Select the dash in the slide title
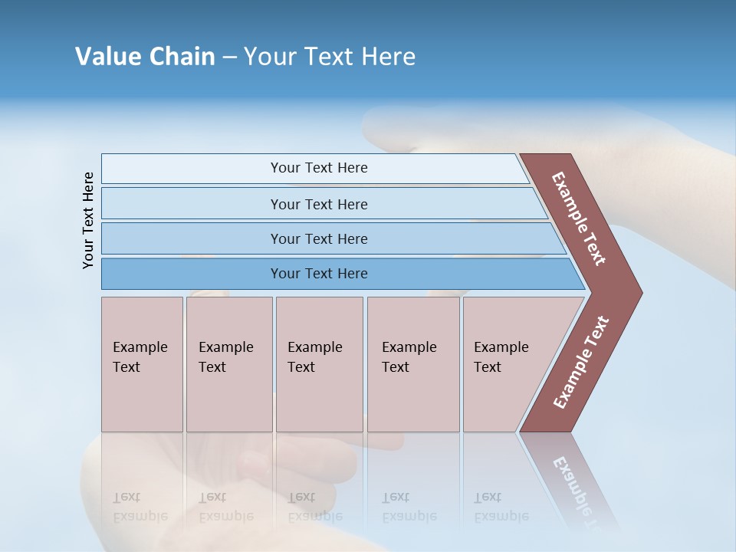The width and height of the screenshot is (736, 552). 229,57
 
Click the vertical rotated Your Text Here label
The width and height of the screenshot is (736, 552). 88,220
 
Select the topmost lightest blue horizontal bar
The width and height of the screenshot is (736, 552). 318,168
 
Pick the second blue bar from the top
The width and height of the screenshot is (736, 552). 318,204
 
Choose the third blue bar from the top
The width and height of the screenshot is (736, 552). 318,238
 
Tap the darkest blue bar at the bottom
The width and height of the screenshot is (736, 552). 318,274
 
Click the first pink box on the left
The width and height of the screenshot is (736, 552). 142,364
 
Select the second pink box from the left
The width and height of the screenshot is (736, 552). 229,364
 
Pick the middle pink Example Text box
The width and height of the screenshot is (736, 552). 319,364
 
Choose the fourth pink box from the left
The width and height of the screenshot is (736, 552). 413,364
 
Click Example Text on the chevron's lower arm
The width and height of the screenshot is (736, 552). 581,362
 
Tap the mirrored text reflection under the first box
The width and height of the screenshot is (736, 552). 140,506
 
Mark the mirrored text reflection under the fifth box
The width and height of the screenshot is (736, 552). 501,506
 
